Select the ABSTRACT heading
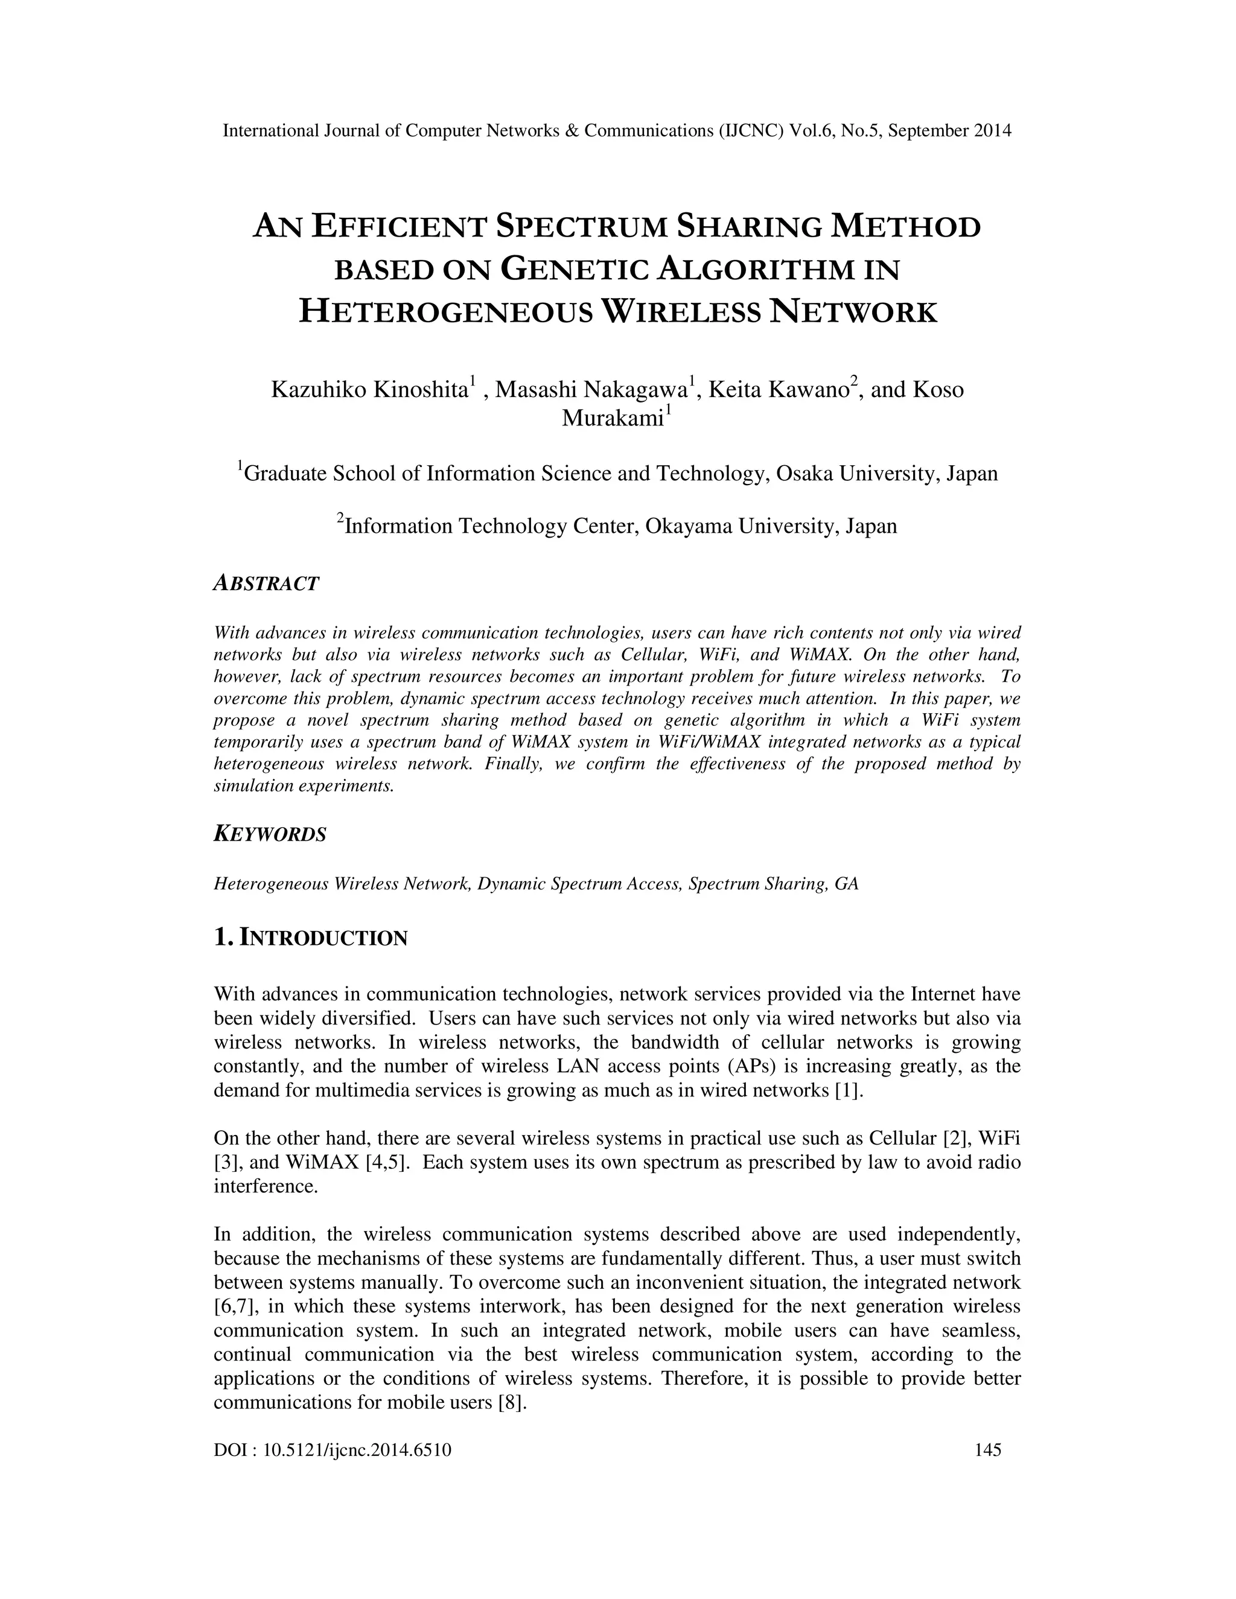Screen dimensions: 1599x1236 266,583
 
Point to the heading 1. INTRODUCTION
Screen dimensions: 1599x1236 310,938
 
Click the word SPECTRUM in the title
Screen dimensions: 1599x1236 581,227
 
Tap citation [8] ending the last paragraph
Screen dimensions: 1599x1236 512,1403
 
